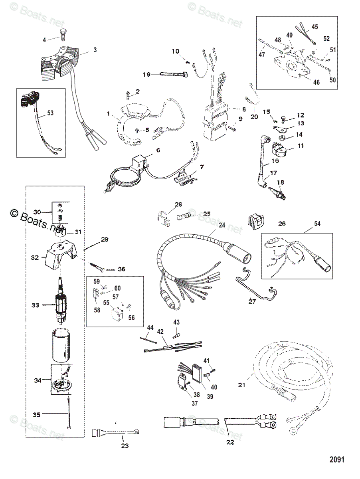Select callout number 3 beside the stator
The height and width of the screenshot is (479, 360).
pos(95,50)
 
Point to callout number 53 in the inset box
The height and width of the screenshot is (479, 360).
pos(50,113)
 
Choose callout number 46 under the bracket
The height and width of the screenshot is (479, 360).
pos(316,83)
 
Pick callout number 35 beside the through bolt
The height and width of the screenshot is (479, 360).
pos(36,415)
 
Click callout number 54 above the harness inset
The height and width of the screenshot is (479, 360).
pos(317,224)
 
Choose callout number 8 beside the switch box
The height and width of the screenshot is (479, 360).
pos(244,109)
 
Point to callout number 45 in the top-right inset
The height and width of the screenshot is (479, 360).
pos(315,27)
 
